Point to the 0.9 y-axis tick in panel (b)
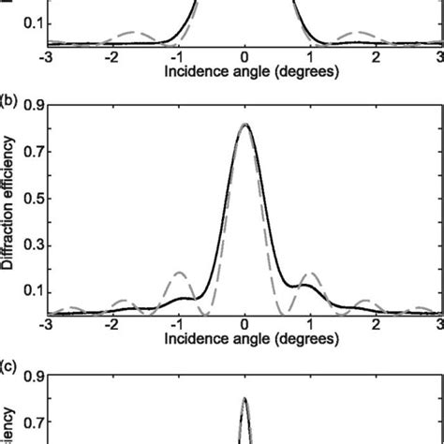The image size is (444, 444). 33,106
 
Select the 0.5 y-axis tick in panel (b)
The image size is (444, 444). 33,198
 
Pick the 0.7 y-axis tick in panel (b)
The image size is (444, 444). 33,152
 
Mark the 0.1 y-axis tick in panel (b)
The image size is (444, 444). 33,290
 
